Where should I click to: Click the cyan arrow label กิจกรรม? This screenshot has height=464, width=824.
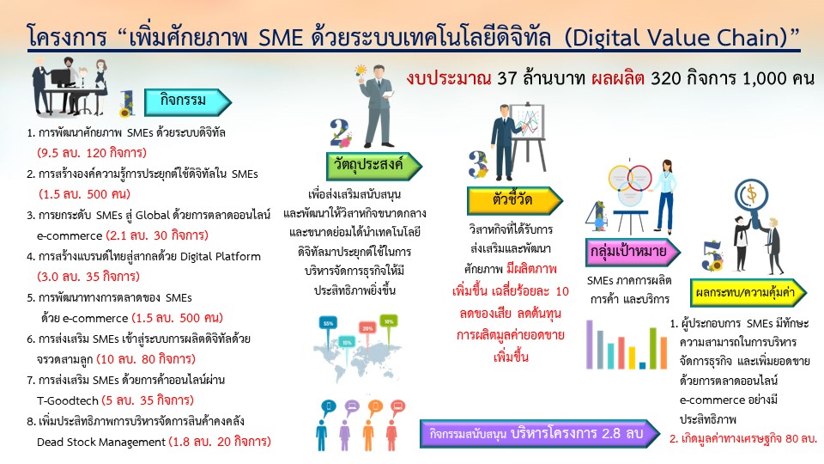coord(188,101)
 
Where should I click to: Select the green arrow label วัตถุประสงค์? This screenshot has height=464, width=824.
coord(373,166)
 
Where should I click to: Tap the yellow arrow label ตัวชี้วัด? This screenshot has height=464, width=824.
coord(515,200)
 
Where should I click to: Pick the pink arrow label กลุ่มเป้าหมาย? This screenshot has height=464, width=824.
coord(633,252)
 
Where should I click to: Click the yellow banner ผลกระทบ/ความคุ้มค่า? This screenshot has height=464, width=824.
coord(748,292)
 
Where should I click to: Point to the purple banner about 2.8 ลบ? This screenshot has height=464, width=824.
coord(540,433)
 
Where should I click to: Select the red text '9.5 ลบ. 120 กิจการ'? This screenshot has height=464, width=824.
coord(92,153)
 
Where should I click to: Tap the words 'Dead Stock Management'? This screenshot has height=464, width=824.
coord(101,442)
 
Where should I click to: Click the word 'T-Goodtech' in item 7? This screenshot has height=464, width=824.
coord(68,401)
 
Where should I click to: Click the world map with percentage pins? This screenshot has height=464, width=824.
coord(358,348)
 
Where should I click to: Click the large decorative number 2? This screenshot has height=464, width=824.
coord(340,132)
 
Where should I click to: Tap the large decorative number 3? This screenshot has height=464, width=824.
coord(478,163)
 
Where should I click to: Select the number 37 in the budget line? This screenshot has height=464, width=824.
coord(507,78)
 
